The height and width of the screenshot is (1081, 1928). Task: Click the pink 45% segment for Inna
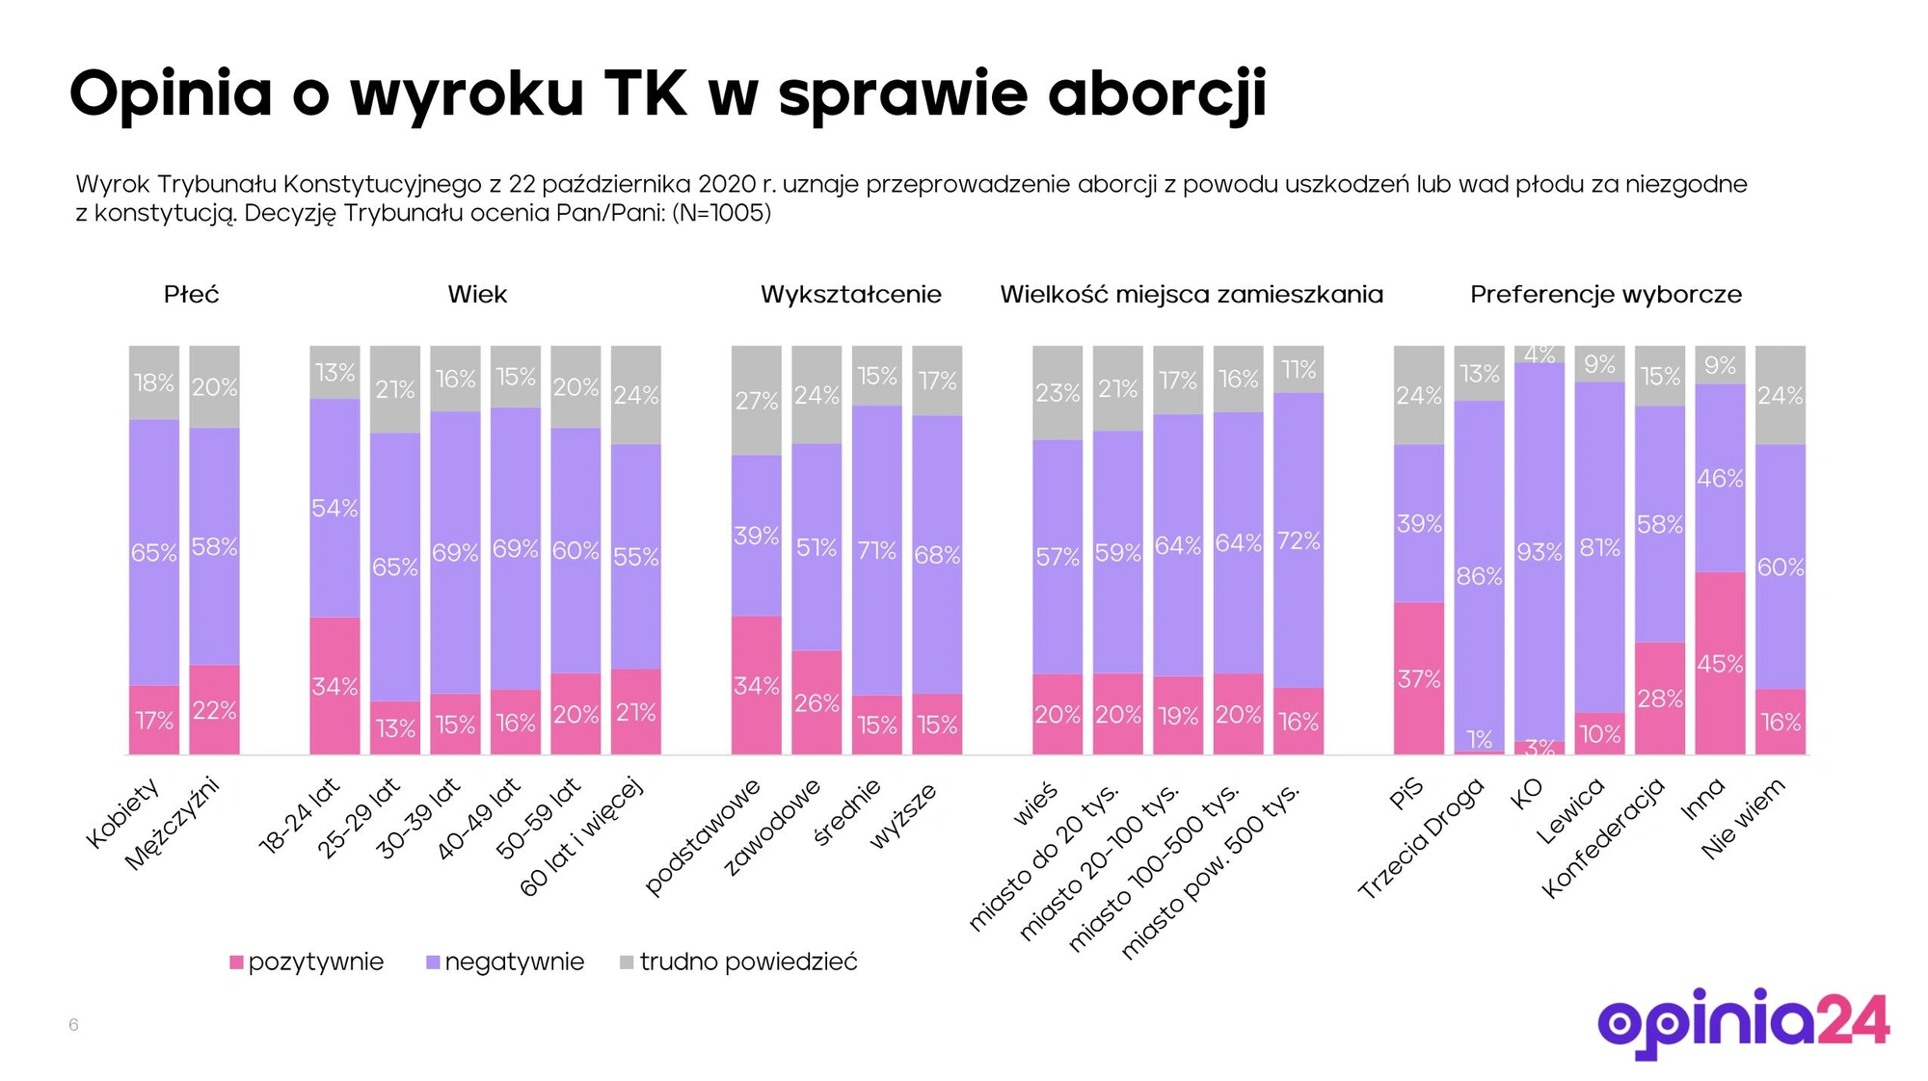tap(1720, 663)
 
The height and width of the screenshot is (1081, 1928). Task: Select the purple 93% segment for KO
tap(1539, 551)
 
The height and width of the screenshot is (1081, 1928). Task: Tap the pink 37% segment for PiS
tap(1418, 678)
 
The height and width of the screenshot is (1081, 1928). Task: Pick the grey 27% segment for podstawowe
tap(756, 400)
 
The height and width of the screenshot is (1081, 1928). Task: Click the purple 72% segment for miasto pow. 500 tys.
tap(1298, 540)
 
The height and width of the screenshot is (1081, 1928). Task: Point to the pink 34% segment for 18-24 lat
tap(335, 686)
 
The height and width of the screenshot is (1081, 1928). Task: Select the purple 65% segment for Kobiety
tap(154, 552)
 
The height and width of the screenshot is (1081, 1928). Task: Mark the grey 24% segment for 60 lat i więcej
tap(636, 395)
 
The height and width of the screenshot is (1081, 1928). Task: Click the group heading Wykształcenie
tap(850, 295)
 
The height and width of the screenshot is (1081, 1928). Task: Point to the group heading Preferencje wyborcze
tap(1605, 295)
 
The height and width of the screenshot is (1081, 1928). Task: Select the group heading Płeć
tap(191, 295)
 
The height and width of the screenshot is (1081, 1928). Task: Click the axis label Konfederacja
tap(1604, 836)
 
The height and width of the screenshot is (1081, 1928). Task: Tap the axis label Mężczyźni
tap(174, 824)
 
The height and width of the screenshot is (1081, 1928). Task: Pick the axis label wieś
tap(1035, 804)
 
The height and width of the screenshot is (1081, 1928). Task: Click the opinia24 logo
tap(1743, 1023)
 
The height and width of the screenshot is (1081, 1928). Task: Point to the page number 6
tap(73, 1024)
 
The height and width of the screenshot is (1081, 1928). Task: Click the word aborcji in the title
tap(1157, 94)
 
